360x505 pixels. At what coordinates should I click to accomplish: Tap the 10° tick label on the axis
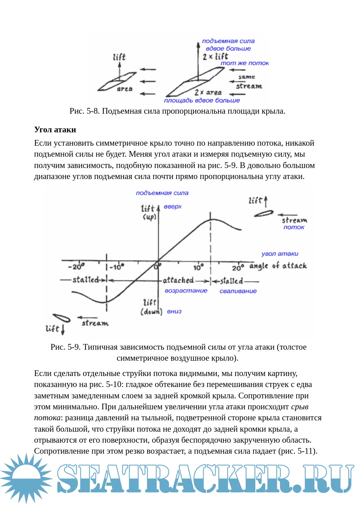(198, 267)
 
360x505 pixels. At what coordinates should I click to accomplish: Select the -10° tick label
(117, 267)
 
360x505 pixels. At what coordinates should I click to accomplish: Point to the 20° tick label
(238, 267)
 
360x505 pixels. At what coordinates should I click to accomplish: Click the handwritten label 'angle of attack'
(278, 266)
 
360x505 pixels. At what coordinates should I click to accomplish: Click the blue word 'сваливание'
(238, 291)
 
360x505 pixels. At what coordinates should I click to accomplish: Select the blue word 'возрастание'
(186, 291)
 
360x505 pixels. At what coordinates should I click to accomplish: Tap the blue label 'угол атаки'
(280, 254)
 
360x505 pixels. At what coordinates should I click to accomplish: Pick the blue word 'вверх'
(173, 207)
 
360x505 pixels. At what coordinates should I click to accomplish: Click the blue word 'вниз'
(174, 311)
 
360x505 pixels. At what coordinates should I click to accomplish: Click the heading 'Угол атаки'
(55, 130)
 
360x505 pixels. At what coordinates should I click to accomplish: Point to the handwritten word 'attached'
(178, 280)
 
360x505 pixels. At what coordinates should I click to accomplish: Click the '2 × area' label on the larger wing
(208, 92)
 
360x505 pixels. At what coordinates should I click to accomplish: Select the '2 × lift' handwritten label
(215, 56)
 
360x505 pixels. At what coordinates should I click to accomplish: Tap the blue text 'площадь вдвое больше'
(202, 100)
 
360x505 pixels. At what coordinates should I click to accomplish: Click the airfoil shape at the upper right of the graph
(264, 213)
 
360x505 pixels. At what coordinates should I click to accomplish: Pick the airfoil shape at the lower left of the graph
(61, 318)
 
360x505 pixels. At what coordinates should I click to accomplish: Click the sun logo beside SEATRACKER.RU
(26, 478)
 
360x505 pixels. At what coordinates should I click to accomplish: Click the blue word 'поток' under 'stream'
(294, 227)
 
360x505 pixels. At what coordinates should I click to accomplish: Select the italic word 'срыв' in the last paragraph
(299, 407)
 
